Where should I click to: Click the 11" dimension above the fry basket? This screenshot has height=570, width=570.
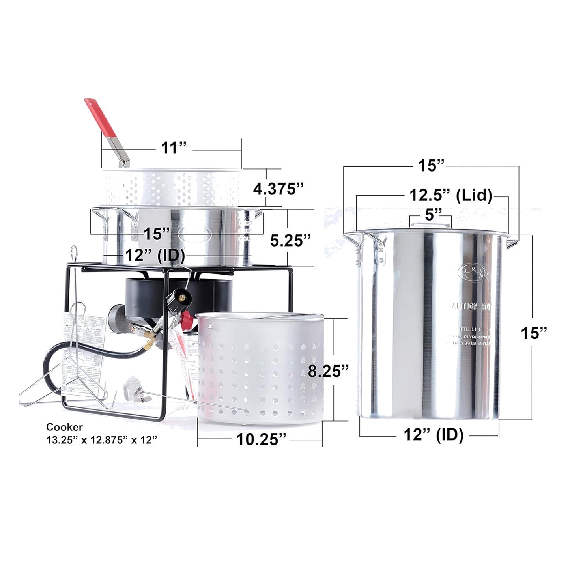(x=173, y=148)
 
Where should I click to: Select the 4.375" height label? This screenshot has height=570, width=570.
(x=278, y=189)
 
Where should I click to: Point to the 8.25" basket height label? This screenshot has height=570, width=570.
(x=329, y=371)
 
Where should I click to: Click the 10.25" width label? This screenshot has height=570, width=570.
(x=261, y=439)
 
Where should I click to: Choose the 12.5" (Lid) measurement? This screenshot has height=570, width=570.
(x=450, y=195)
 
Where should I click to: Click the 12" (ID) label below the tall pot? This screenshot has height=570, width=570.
(x=433, y=435)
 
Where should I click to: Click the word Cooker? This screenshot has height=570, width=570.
(x=64, y=427)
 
